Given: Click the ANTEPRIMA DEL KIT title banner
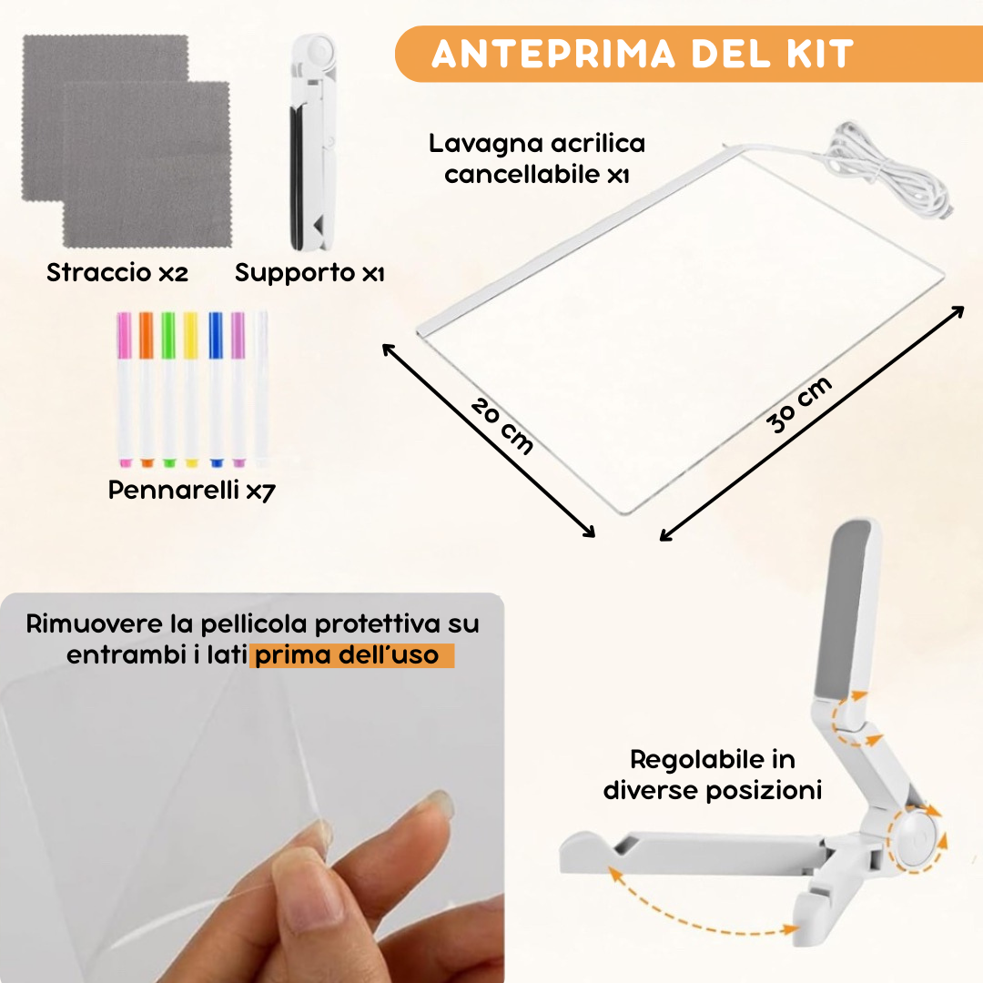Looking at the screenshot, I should [x=642, y=54].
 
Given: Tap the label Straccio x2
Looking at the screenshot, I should [x=117, y=272].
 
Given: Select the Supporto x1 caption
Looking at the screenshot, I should [x=309, y=272].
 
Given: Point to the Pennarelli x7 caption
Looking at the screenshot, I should [x=191, y=491].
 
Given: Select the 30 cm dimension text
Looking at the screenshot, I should [x=798, y=405].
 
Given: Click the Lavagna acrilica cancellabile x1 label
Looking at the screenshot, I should [x=537, y=158].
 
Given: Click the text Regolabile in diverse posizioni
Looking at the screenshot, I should [x=712, y=775].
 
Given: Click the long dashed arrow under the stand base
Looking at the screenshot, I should [x=696, y=910].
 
